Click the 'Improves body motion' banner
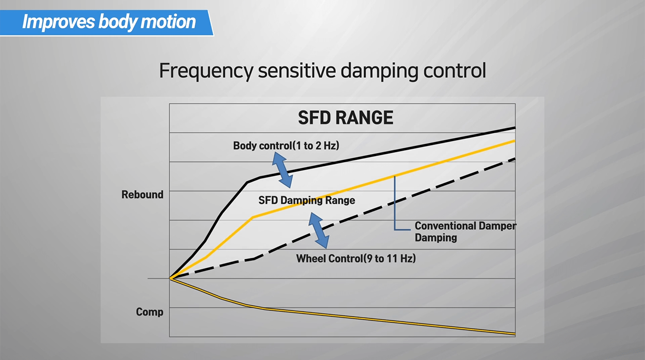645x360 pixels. click(109, 22)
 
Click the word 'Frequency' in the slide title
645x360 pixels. click(205, 71)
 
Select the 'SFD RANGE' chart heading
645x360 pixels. click(346, 118)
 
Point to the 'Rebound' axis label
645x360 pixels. click(142, 195)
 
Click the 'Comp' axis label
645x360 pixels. click(150, 312)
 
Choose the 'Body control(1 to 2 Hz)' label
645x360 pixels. click(286, 146)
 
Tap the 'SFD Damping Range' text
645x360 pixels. click(306, 200)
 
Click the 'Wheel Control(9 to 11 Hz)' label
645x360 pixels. click(356, 258)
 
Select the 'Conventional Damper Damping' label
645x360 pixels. click(465, 232)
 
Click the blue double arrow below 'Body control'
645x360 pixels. click(282, 170)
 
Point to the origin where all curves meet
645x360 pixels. click(170, 279)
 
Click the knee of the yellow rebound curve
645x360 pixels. click(252, 217)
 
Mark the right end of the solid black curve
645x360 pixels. click(513, 128)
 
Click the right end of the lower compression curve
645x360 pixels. click(513, 333)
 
